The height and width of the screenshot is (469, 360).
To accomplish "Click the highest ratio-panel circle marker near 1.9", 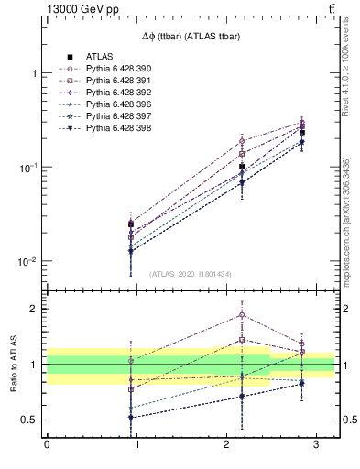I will pyautogui.click(x=242, y=314).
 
